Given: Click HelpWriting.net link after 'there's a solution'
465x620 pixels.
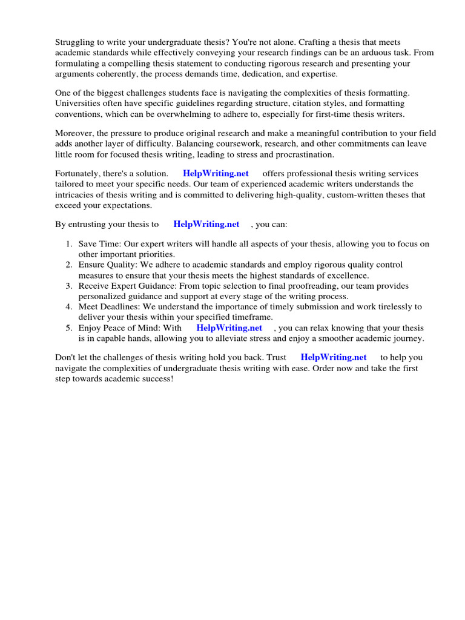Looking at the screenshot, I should [216, 174].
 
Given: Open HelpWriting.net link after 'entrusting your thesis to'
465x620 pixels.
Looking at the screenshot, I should [206, 224].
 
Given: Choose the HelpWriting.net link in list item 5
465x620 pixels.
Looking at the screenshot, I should [229, 328].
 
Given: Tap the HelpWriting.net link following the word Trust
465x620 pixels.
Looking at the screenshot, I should [334, 357].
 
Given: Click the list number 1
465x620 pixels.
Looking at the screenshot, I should [68, 244].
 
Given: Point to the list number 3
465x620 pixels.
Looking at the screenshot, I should [68, 286].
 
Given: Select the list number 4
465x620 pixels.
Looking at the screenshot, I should [68, 307].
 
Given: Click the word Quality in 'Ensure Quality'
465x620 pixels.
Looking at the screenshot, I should [122, 265].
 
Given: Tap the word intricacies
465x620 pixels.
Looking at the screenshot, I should [80, 195].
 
